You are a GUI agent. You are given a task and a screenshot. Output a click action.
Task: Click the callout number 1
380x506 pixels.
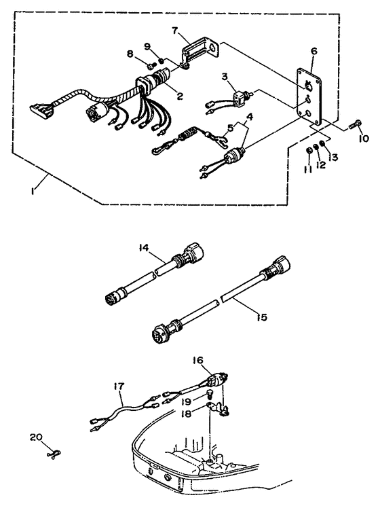click(x=33, y=191)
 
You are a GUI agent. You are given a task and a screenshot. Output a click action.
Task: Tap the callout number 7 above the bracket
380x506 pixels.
click(x=175, y=31)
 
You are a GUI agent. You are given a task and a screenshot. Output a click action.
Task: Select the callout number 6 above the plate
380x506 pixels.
click(x=313, y=51)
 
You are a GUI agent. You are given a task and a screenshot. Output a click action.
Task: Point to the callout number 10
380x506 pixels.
click(x=363, y=139)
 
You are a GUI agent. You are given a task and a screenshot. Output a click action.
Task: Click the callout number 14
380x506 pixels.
click(x=144, y=248)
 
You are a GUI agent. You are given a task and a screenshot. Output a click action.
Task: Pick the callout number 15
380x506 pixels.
click(x=262, y=317)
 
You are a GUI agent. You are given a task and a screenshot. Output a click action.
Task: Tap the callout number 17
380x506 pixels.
click(x=119, y=386)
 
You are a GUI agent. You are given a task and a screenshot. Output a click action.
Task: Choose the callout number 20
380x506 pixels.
click(x=36, y=437)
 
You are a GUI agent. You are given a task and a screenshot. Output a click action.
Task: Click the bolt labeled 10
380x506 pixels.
click(x=354, y=124)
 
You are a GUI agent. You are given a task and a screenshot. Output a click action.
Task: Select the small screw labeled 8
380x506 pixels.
click(x=151, y=65)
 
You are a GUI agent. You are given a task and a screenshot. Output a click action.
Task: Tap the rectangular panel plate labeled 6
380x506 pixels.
click(x=309, y=96)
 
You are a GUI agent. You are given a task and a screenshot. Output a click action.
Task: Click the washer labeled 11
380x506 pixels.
click(x=309, y=150)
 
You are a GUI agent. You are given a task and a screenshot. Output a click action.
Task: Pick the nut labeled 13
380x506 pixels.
click(x=322, y=143)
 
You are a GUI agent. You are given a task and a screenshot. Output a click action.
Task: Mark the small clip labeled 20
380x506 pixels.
click(x=54, y=454)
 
